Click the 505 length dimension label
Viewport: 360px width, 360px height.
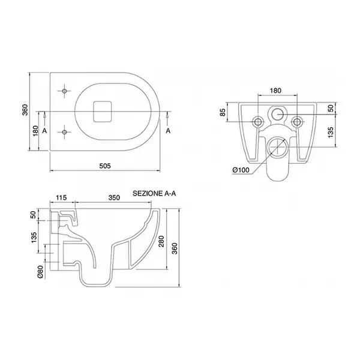click(x=105, y=166)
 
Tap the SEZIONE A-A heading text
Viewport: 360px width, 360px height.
click(x=154, y=194)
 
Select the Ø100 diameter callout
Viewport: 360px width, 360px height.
click(x=241, y=170)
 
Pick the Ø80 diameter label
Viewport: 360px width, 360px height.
click(x=40, y=272)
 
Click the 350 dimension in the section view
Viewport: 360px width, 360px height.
click(x=114, y=197)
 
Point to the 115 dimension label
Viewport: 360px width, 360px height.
click(x=61, y=197)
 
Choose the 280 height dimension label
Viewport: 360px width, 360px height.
click(x=162, y=241)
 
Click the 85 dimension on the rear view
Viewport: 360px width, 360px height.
click(x=223, y=112)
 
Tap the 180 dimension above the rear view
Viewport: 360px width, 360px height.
click(x=275, y=91)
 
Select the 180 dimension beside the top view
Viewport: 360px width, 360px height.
click(x=35, y=131)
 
